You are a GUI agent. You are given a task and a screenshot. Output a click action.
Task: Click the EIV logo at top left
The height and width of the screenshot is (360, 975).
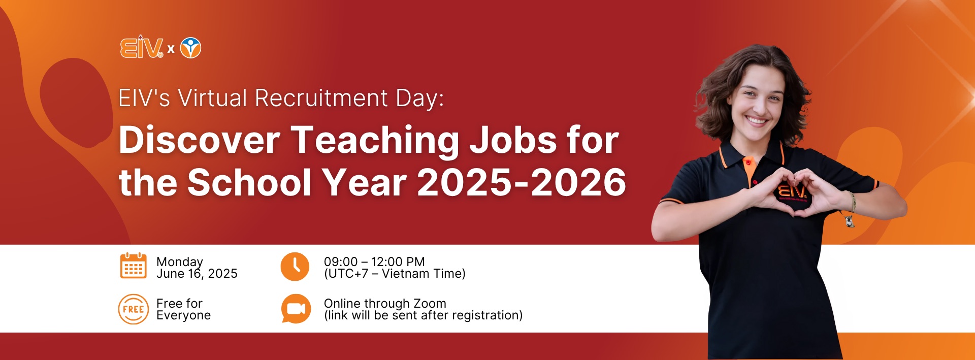pos(142,47)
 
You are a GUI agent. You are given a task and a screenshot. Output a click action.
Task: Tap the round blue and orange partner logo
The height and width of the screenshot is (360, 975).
pos(191,48)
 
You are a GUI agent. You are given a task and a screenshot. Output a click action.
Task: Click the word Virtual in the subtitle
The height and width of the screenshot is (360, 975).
pos(213,98)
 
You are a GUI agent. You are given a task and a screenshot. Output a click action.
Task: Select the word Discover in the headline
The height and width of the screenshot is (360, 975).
pos(200,140)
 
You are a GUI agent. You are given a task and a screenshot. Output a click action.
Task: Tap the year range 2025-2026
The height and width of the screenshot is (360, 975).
pos(522,182)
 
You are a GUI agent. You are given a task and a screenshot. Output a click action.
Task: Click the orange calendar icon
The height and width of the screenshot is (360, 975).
pos(134,266)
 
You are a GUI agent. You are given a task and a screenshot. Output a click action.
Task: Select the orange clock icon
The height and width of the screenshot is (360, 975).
pos(295,267)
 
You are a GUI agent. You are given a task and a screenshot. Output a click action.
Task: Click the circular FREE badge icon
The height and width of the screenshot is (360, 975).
pos(134,309)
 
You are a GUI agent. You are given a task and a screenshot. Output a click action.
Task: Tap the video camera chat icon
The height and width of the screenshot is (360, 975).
pos(296,309)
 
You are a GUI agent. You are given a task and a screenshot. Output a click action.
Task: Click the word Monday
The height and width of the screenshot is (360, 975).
pos(180,262)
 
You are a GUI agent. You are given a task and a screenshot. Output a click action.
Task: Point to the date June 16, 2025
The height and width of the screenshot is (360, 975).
pos(197,274)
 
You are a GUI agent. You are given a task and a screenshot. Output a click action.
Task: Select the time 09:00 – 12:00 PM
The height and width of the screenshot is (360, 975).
pos(374,261)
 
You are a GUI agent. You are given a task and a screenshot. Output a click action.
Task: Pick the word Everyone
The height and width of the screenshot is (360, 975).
pos(184,316)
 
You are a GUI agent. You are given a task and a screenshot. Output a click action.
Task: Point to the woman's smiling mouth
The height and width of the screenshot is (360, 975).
pos(756,121)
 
